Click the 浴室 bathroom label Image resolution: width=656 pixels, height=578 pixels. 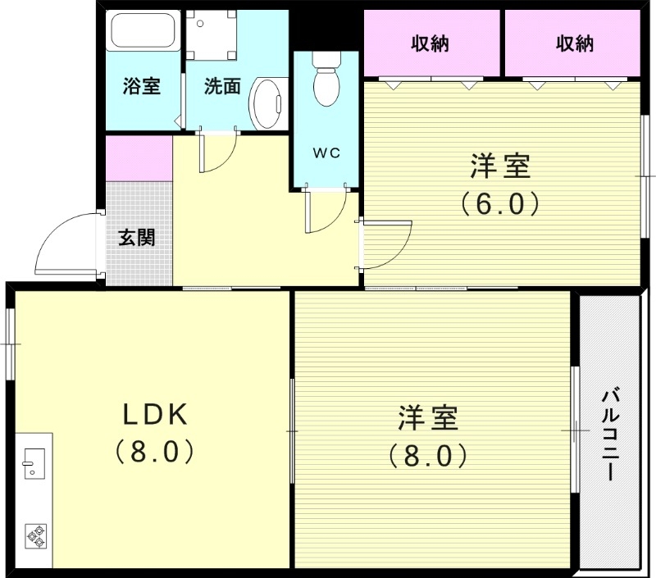141,85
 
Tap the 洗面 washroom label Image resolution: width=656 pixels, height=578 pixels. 221,85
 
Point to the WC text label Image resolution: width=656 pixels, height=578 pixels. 326,152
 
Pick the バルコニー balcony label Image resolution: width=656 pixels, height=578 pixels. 610,434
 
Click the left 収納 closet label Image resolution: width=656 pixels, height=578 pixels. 430,43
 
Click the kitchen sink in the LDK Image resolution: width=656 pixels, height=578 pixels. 34,462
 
